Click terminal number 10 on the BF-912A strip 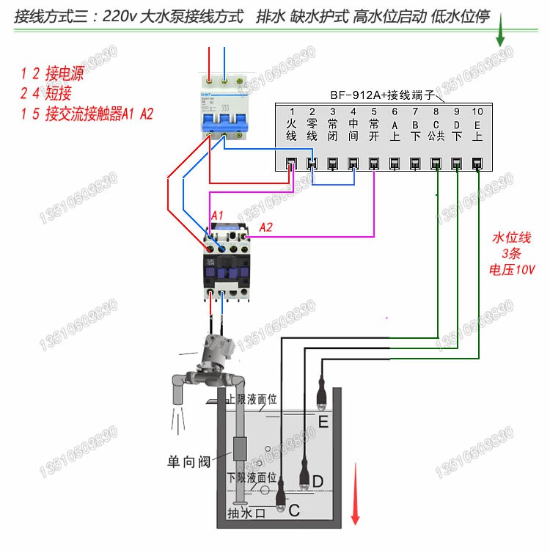tap(477, 111)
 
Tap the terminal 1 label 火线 tap(291, 131)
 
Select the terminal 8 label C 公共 tap(436, 131)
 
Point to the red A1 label tap(218, 213)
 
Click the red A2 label tap(266, 227)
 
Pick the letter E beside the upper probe tap(323, 423)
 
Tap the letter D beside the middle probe tap(318, 481)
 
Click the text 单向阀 tap(188, 462)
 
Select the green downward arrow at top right tap(502, 31)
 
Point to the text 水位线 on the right tap(511, 238)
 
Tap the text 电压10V tap(512, 269)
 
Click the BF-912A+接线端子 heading tap(382, 95)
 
